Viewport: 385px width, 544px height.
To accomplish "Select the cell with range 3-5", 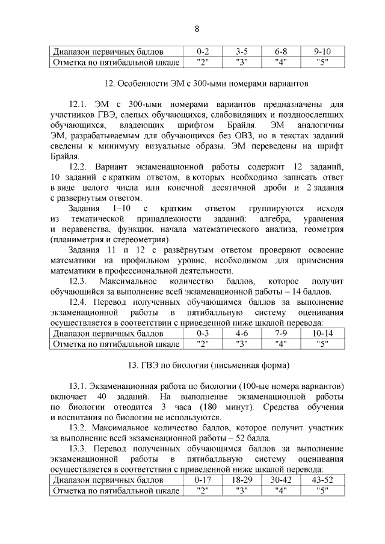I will [242, 52].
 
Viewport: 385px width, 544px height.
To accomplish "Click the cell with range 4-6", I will [242, 333].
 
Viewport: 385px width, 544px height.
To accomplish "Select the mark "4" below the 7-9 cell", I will [281, 344].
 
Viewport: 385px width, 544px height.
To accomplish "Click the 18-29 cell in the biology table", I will [242, 480].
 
